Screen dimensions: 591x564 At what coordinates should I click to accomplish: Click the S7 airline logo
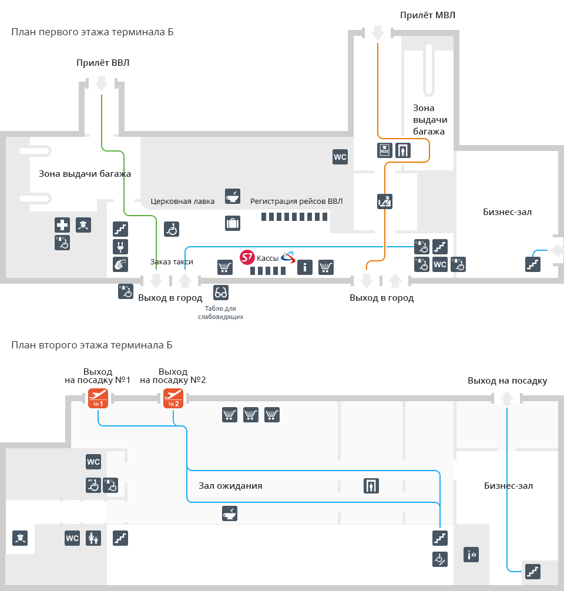[x=247, y=257]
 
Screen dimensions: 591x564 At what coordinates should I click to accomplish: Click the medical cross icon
[x=62, y=225]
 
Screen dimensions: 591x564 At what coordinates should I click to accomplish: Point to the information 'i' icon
[x=304, y=267]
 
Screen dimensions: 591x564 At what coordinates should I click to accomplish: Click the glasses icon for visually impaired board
[x=221, y=292]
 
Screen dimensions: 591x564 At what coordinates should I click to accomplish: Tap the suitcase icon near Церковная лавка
[x=233, y=223]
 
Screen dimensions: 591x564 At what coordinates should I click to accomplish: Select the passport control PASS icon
[x=384, y=150]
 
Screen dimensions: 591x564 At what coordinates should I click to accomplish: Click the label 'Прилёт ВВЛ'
[x=103, y=62]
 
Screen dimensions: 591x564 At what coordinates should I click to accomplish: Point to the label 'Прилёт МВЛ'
[x=428, y=15]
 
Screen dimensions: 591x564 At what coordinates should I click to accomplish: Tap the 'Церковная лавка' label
[x=183, y=201]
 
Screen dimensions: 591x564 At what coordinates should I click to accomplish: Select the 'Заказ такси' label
[x=172, y=261]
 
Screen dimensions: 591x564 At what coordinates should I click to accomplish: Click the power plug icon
[x=120, y=247]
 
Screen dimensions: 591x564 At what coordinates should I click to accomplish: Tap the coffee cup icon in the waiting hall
[x=229, y=513]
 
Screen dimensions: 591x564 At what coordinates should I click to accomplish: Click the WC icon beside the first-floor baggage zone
[x=340, y=157]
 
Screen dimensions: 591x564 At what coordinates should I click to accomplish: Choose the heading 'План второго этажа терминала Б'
[x=92, y=345]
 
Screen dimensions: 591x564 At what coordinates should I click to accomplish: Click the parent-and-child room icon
[x=92, y=538]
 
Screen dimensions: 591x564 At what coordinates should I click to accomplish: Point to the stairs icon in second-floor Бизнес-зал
[x=532, y=570]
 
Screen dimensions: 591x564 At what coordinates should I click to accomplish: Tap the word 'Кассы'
[x=268, y=258]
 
